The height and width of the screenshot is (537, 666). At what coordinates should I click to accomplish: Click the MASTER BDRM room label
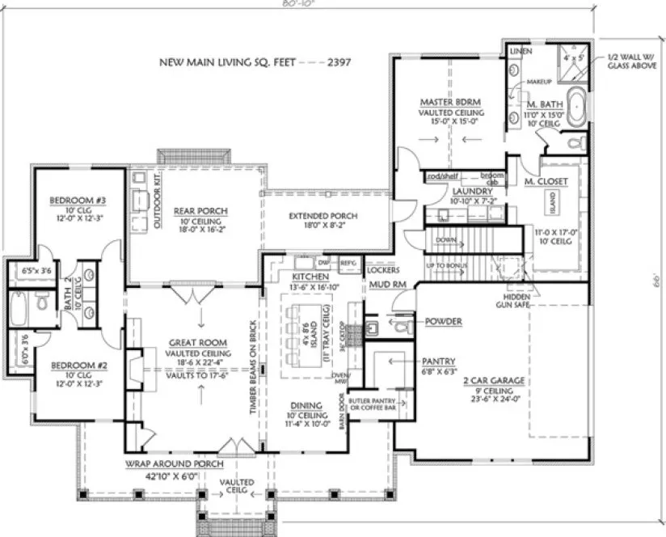tap(451, 103)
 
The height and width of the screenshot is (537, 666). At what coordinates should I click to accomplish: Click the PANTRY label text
tap(438, 362)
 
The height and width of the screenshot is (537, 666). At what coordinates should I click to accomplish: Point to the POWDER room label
tap(443, 321)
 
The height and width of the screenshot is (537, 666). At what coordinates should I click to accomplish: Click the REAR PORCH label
tap(200, 211)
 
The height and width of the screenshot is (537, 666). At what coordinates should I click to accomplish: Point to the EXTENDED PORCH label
tap(323, 216)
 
